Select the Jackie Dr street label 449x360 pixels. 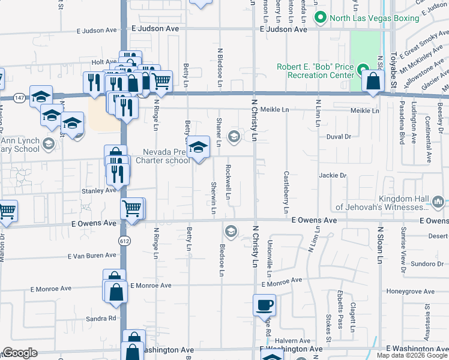pos(334,175)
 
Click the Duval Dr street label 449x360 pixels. pos(339,137)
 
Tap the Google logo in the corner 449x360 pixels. pos(20,353)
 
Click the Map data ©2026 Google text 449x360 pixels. pos(411,355)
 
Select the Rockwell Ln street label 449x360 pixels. pos(228,183)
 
